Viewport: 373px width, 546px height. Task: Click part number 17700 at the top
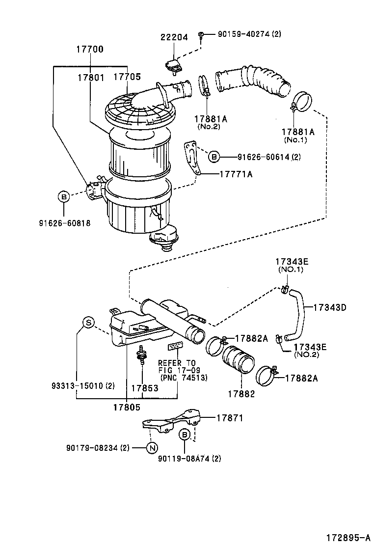point(89,50)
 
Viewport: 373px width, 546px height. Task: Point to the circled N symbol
point(152,447)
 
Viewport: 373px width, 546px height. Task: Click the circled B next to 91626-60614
point(213,157)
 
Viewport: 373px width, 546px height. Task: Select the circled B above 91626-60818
point(63,197)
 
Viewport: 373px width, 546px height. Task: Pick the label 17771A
point(235,174)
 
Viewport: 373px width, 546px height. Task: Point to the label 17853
point(144,388)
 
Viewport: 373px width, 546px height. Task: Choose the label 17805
point(127,407)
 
